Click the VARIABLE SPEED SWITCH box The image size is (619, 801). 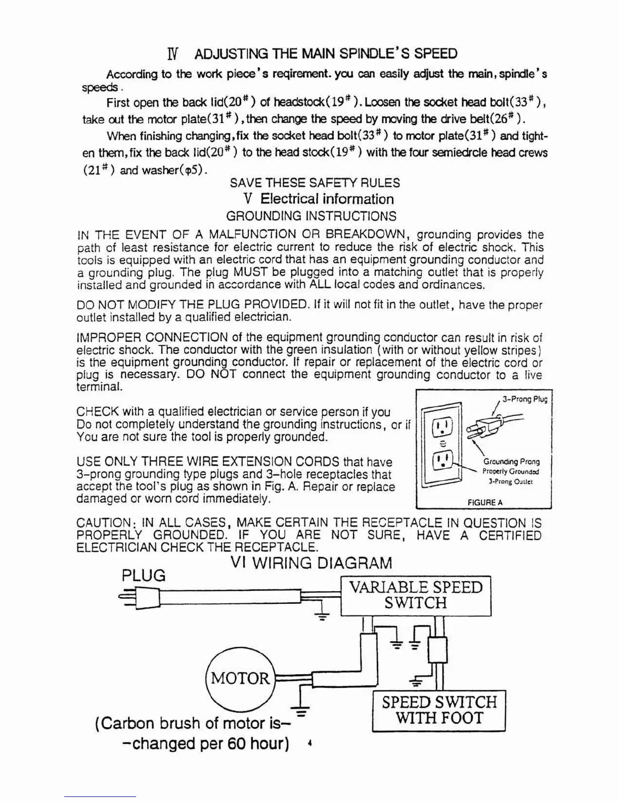click(415, 595)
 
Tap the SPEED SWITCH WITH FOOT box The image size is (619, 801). click(438, 710)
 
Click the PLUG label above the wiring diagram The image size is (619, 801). click(144, 575)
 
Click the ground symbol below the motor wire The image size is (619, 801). click(301, 710)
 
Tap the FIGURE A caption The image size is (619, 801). click(485, 503)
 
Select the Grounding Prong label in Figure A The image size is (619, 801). click(511, 462)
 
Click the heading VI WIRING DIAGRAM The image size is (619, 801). click(311, 563)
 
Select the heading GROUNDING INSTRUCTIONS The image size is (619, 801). click(311, 216)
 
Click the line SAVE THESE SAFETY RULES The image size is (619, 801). click(315, 183)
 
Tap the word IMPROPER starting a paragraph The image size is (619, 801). click(109, 337)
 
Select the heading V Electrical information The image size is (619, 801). click(318, 199)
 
